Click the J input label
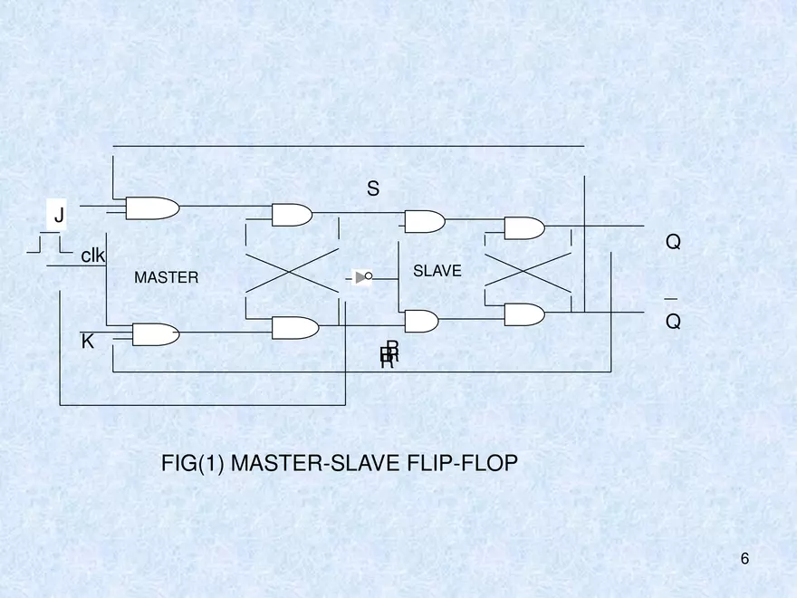tap(59, 216)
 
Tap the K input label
tap(88, 342)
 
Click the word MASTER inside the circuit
tap(166, 278)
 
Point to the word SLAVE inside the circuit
tap(437, 271)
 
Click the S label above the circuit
tap(373, 189)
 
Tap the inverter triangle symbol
tap(362, 277)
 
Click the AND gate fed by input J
tap(152, 208)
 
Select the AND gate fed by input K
tap(155, 334)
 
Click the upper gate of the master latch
tap(292, 215)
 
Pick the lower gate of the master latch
tap(294, 327)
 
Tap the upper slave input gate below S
tap(424, 221)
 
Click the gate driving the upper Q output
tap(523, 227)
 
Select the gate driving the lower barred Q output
tap(523, 314)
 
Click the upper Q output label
tap(673, 243)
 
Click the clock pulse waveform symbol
tap(49, 244)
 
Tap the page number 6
tap(744, 559)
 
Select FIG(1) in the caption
tap(193, 464)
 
